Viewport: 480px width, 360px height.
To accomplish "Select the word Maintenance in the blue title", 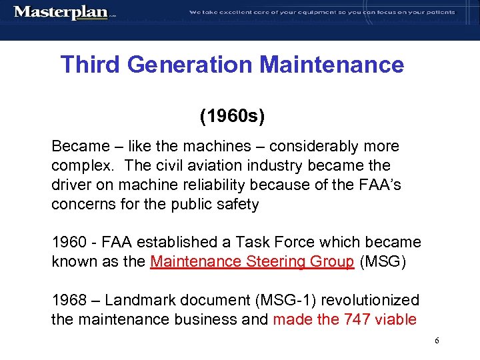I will click(332, 65).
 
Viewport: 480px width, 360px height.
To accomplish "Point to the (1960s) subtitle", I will click(232, 117).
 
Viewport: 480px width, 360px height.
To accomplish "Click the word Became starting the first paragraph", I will click(79, 146).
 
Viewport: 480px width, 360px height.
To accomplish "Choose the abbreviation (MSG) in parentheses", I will click(381, 261).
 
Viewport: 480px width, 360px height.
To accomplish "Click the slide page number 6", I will click(437, 341).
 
